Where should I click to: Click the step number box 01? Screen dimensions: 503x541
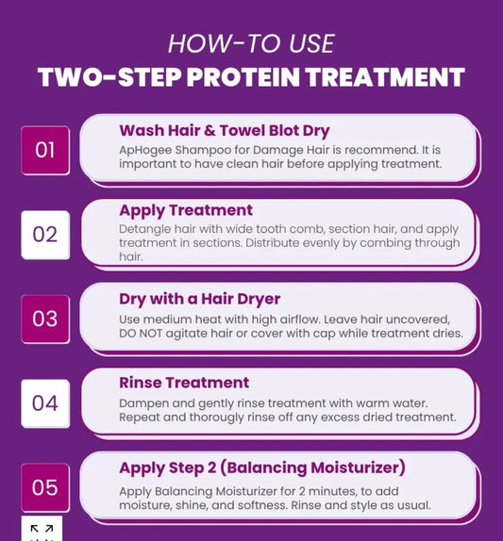point(45,151)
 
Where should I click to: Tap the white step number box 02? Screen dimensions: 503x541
point(45,235)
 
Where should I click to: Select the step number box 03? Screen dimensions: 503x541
point(45,320)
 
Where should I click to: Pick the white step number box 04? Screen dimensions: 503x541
point(45,403)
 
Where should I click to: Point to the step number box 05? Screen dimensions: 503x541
point(45,487)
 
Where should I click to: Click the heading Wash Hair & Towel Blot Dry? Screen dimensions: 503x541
point(225,131)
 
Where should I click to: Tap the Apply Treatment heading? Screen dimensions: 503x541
point(186,211)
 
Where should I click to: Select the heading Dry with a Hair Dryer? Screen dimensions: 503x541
point(200,300)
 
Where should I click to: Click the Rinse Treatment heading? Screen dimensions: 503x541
point(184,383)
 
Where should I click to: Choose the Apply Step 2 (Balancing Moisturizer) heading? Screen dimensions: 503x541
point(262,468)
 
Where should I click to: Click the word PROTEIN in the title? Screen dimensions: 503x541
point(243,77)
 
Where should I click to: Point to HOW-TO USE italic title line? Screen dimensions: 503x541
point(251,43)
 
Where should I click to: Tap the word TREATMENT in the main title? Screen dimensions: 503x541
point(386,77)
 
